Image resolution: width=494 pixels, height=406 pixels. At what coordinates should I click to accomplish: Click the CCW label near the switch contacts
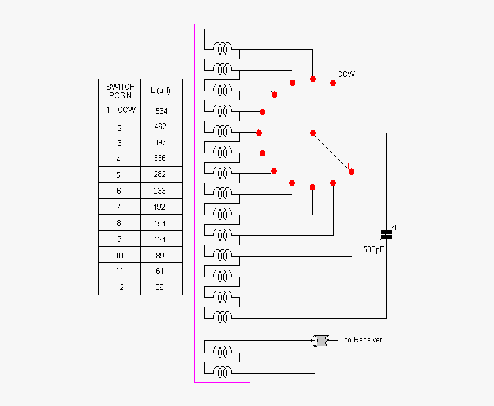pos(346,74)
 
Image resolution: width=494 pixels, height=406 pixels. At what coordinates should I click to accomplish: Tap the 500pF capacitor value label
pos(374,250)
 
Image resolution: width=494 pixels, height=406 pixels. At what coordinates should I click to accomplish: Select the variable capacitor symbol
pos(387,233)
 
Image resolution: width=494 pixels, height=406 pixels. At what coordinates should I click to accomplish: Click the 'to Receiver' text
pos(363,340)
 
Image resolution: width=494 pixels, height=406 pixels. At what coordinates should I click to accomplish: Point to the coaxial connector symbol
pos(319,341)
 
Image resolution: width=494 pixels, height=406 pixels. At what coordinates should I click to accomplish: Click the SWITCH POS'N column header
pos(120,91)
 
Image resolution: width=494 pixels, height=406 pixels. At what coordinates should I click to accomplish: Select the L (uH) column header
pos(161,91)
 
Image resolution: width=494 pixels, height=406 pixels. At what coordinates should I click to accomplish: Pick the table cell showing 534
pos(161,110)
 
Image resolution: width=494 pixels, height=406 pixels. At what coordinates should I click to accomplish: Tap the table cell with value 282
pos(160,175)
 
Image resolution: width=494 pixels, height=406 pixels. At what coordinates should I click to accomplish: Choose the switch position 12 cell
pos(119,287)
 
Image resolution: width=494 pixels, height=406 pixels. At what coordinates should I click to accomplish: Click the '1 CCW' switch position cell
pos(120,110)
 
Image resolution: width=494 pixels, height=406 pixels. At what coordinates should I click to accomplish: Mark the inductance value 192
pos(160,207)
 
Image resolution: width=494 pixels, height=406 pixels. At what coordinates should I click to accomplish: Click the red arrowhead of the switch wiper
pos(346,168)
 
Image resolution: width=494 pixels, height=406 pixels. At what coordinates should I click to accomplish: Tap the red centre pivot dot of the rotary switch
pos(313,133)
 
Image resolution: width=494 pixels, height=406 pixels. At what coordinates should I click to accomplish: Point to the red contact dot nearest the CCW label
pos(333,83)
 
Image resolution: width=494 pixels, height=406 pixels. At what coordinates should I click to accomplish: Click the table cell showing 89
pos(160,255)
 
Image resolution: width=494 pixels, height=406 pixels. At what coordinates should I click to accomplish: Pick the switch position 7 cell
pos(119,207)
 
